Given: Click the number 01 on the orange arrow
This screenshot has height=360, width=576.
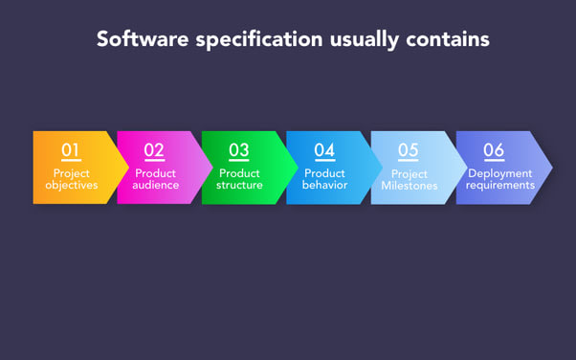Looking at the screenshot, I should click(71, 150).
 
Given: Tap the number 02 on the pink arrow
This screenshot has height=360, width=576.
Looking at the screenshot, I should click(154, 150).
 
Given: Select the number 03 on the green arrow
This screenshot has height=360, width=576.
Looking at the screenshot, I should click(238, 150).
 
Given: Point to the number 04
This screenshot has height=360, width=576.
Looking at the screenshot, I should click(324, 150).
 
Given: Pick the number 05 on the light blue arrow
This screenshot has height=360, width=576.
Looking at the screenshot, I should click(409, 150).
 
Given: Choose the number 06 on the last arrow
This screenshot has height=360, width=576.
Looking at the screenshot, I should click(494, 150).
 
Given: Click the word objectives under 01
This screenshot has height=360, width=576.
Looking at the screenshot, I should click(72, 185).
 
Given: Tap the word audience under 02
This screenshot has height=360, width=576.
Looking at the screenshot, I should click(155, 185).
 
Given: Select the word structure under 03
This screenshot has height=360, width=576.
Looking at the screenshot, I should click(239, 185).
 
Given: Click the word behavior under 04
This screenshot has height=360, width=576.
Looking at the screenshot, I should click(324, 185).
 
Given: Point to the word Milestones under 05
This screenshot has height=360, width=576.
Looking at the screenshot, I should click(409, 186).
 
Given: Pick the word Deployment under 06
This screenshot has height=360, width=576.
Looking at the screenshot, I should click(500, 173).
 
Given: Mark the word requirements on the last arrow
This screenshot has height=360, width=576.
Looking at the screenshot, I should click(500, 185).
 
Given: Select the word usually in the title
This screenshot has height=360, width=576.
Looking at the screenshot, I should click(363, 40).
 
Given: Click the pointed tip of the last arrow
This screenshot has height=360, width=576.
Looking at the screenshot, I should click(551, 168).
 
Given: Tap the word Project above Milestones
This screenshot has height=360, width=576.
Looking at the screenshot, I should click(409, 173).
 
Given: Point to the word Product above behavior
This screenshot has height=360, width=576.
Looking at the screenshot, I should click(324, 173).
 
